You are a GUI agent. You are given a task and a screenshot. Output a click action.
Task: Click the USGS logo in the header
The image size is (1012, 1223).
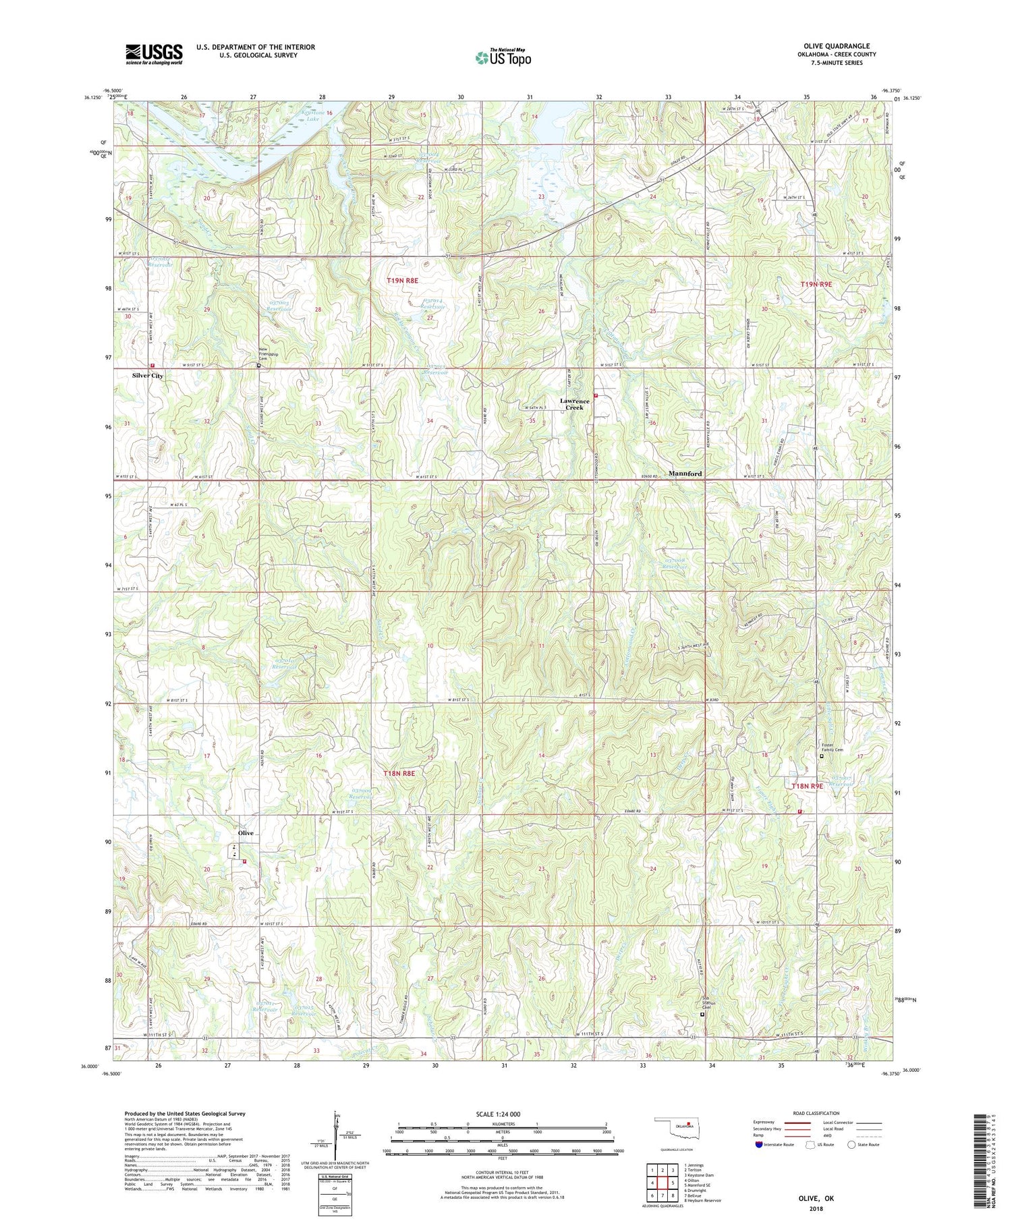click(x=153, y=53)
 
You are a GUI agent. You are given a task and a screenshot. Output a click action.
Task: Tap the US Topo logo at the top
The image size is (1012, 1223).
click(x=502, y=57)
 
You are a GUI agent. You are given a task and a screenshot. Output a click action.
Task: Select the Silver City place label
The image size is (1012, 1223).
click(x=147, y=375)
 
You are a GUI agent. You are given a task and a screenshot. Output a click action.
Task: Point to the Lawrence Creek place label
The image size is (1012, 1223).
click(x=575, y=404)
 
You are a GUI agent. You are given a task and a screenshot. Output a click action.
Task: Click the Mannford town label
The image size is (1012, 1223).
click(x=685, y=474)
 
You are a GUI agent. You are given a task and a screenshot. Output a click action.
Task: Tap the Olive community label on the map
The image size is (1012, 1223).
click(x=245, y=833)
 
